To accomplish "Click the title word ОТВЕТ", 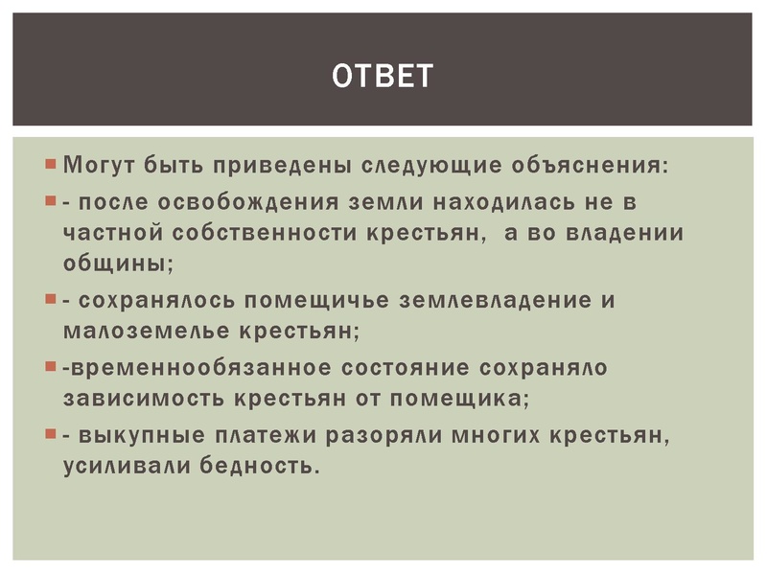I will click(x=383, y=75).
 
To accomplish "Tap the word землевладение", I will click(x=488, y=300).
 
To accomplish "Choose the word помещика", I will click(x=452, y=397).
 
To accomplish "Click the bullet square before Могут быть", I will click(x=51, y=164).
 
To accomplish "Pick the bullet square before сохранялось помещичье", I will click(x=51, y=299).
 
